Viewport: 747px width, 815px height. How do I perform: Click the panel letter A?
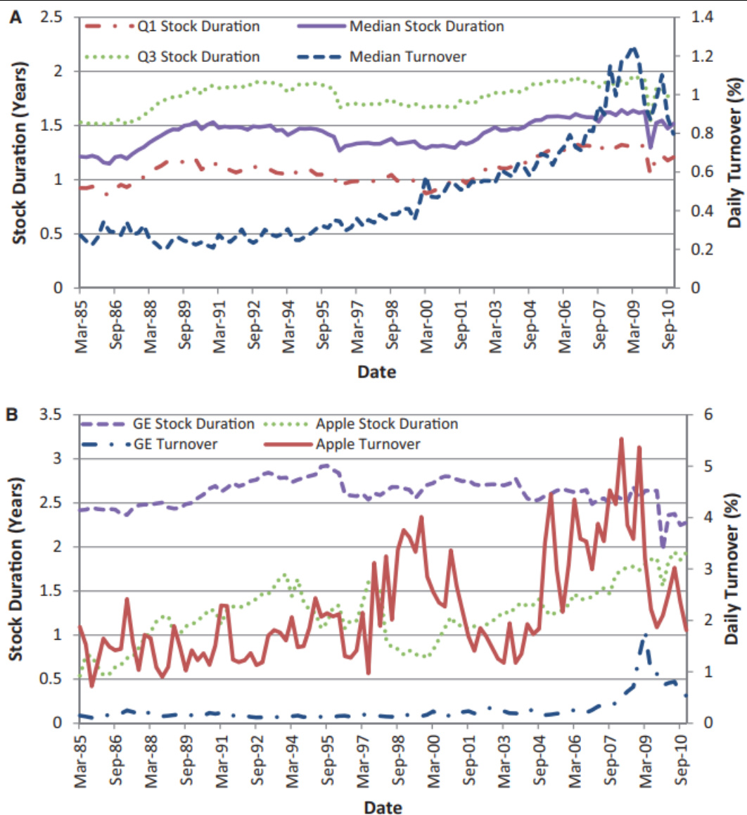(15, 18)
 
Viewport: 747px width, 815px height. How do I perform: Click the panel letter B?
(13, 415)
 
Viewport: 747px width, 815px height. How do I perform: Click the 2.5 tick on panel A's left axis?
(52, 17)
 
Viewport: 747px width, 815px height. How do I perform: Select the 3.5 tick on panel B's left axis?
(52, 415)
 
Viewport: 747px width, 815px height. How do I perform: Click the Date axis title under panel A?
(376, 371)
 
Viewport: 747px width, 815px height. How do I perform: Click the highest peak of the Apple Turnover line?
(622, 438)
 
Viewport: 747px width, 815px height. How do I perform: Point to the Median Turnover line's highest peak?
(633, 48)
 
